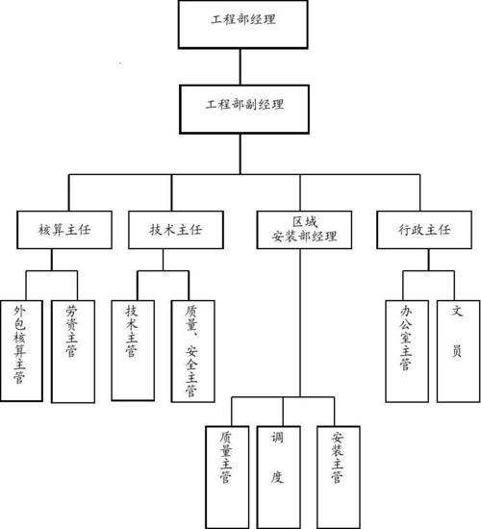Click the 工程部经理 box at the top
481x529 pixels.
pyautogui.click(x=243, y=24)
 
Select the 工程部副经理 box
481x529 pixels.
pyautogui.click(x=244, y=110)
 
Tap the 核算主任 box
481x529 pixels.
pyautogui.click(x=64, y=230)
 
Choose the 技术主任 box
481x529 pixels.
pyautogui.click(x=176, y=230)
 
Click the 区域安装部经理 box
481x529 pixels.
pyautogui.click(x=304, y=230)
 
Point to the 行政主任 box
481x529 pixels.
pyautogui.click(x=424, y=230)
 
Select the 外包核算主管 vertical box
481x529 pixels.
pyautogui.click(x=21, y=351)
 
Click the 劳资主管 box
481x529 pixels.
pyautogui.click(x=73, y=351)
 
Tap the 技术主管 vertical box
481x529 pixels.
pyautogui.click(x=133, y=350)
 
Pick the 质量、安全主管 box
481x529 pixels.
pyautogui.click(x=193, y=351)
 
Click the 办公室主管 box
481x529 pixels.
pyautogui.click(x=407, y=351)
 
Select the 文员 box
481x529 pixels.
pyautogui.click(x=458, y=351)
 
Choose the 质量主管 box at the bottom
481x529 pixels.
pyautogui.click(x=227, y=477)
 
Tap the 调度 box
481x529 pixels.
pyautogui.click(x=279, y=477)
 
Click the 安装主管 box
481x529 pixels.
pyautogui.click(x=339, y=477)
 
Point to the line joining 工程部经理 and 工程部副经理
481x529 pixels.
pyautogui.click(x=240, y=66)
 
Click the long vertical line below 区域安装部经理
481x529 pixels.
pyautogui.click(x=300, y=323)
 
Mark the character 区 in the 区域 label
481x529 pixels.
pyautogui.click(x=298, y=222)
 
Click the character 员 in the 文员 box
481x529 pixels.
pyautogui.click(x=457, y=351)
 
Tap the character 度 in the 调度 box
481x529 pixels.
pyautogui.click(x=277, y=477)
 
